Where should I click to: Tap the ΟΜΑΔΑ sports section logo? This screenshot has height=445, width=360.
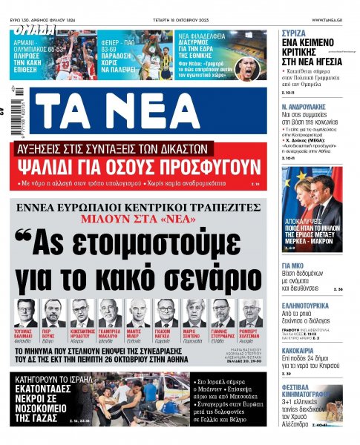pos(33,30)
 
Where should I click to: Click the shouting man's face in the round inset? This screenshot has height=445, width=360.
pos(252,66)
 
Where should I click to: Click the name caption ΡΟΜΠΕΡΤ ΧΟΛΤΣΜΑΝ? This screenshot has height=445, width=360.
pos(249,334)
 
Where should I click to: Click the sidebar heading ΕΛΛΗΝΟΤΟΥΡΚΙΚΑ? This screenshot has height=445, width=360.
pos(308,304)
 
